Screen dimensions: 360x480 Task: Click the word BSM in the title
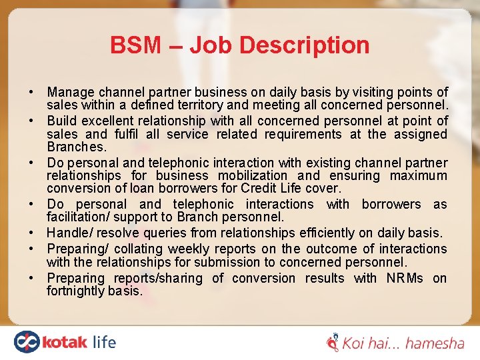point(136,45)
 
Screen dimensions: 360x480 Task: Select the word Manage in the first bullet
point(71,92)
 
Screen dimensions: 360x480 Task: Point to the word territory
point(231,105)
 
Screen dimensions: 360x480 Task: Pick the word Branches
point(77,147)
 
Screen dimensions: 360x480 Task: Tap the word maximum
point(419,176)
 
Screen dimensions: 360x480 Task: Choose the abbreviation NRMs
point(405,278)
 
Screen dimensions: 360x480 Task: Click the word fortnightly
point(76,291)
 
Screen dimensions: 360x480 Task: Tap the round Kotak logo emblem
point(27,342)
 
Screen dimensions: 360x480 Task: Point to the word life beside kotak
point(102,342)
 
